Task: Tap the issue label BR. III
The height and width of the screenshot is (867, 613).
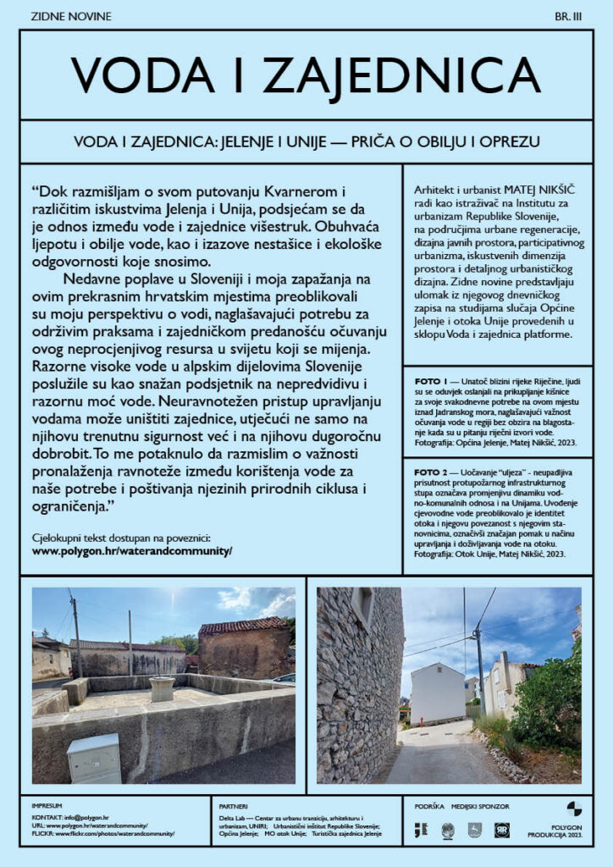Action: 566,16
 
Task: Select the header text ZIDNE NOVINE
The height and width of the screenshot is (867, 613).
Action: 70,16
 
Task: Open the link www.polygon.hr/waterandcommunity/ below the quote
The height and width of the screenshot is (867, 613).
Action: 131,550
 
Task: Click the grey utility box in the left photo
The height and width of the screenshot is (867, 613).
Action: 93,758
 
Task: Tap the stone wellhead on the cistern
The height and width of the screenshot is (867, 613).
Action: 162,688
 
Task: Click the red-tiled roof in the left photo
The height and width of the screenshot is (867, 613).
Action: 240,627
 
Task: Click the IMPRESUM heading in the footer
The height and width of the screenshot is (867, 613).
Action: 47,805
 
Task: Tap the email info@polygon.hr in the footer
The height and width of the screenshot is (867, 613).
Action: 85,816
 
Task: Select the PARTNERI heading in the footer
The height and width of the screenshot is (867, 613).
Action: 233,805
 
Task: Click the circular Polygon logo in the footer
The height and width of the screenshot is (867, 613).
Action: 574,809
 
